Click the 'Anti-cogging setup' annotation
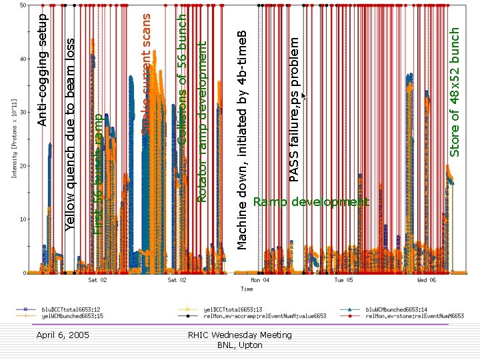(42, 67)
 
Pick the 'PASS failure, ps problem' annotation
(295, 107)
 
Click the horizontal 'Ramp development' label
(311, 202)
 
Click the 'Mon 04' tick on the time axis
(256, 281)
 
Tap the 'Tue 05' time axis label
(343, 281)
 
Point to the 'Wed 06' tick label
(427, 281)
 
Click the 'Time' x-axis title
(247, 289)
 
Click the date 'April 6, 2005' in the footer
(63, 334)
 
